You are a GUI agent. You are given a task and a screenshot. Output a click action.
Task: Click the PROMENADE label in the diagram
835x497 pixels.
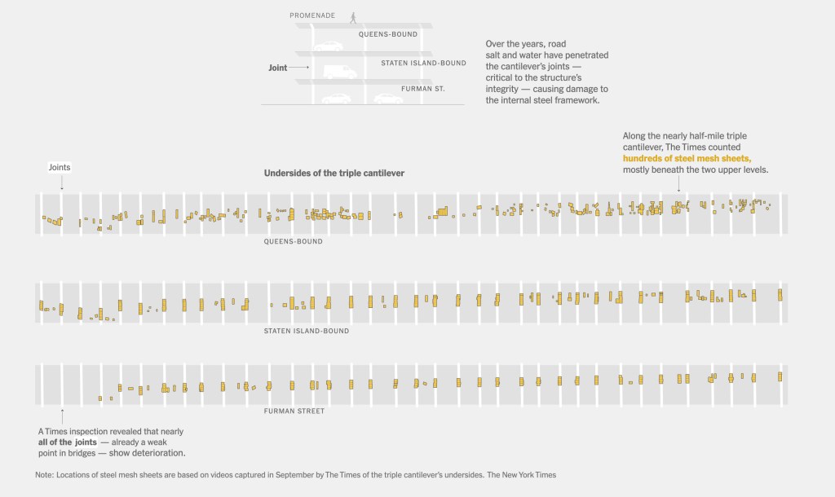312,15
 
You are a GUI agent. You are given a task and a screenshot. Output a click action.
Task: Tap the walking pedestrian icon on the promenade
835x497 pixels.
353,16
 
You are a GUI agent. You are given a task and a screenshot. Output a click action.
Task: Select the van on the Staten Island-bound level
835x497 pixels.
340,71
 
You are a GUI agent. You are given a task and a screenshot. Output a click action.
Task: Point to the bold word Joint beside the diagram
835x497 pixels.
278,68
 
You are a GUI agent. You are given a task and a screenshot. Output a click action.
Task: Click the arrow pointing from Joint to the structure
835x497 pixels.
299,68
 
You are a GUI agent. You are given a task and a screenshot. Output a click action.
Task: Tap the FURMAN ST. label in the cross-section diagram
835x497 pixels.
423,88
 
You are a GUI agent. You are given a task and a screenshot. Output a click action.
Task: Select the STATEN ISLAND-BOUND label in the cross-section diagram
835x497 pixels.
423,63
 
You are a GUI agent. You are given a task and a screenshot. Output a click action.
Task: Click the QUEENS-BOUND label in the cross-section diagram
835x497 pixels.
388,34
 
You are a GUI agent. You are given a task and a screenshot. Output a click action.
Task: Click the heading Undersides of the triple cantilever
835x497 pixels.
334,174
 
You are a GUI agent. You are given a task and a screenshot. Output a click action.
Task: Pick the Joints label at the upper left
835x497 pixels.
60,167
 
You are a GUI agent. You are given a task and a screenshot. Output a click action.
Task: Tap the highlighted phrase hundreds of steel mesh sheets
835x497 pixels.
687,158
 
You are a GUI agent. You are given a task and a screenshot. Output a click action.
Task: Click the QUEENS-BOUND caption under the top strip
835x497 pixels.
293,241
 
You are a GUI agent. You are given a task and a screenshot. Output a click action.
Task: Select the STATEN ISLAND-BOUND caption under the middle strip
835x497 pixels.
307,331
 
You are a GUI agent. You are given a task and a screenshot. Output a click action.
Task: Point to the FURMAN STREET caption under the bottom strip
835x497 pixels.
294,411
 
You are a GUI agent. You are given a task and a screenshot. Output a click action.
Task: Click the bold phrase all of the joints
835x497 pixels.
68,442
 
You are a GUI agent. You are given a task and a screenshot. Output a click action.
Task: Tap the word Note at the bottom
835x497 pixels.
44,474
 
